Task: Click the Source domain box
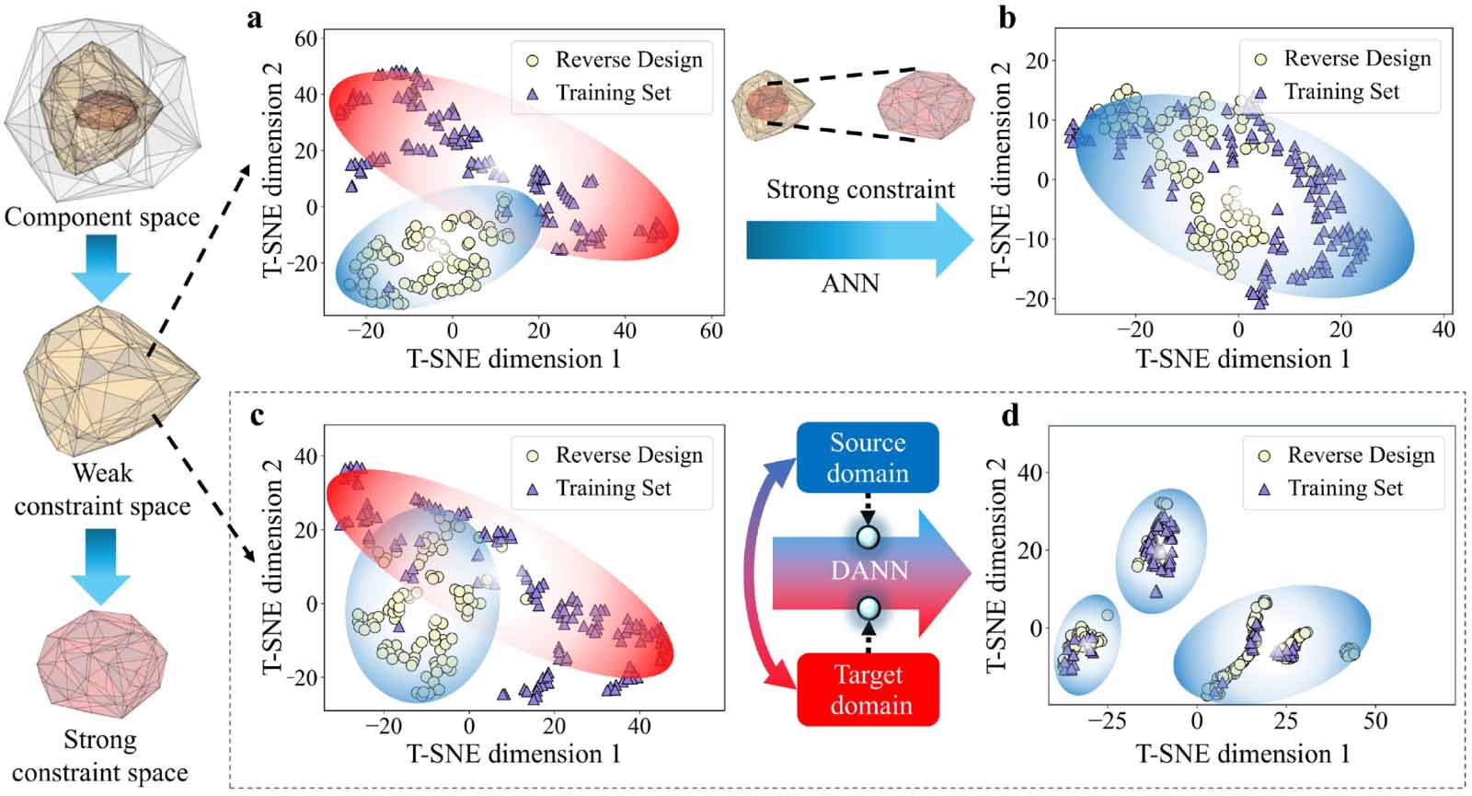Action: click(x=868, y=457)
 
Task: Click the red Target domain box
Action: click(x=868, y=690)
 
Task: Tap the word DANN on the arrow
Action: click(x=869, y=571)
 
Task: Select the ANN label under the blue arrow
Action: click(x=850, y=283)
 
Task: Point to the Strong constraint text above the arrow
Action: click(x=860, y=190)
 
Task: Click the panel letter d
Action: click(x=1010, y=415)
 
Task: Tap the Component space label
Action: click(x=102, y=217)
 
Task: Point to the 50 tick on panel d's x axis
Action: click(x=1374, y=721)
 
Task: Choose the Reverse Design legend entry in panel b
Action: click(x=1345, y=59)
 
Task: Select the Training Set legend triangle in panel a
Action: click(x=533, y=94)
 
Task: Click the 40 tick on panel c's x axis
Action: click(x=638, y=726)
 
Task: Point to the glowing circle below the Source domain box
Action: click(x=868, y=537)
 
